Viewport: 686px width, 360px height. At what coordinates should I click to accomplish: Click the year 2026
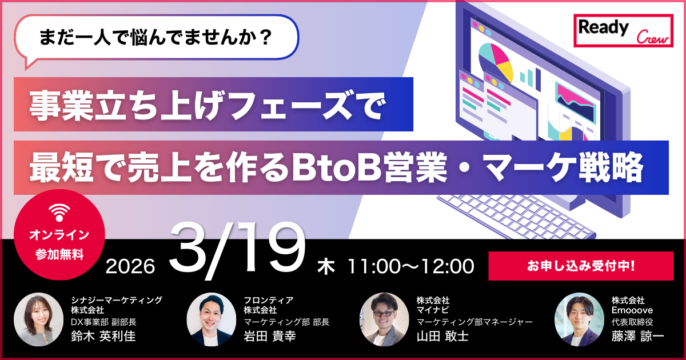131,266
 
